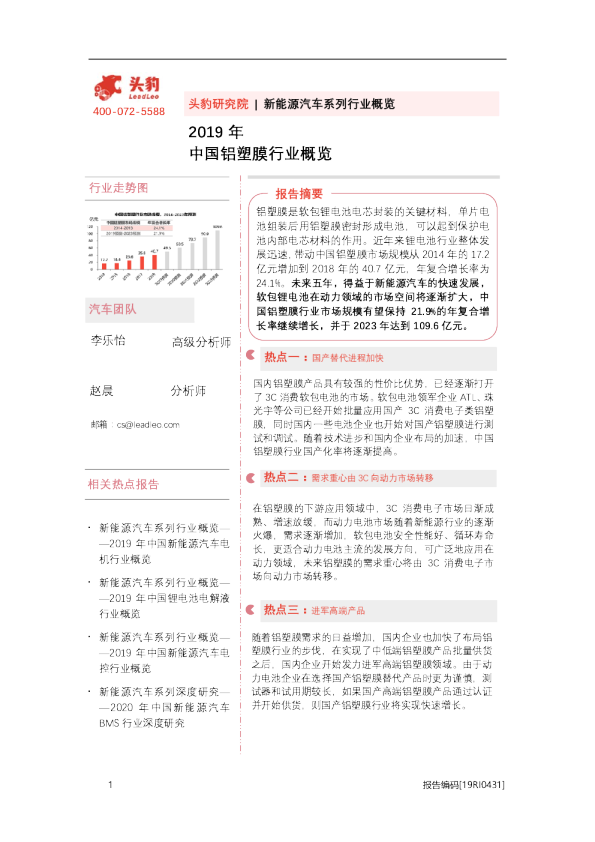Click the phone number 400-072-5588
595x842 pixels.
(129, 111)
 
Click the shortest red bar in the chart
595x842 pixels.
(104, 265)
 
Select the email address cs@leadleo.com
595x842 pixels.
(147, 425)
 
